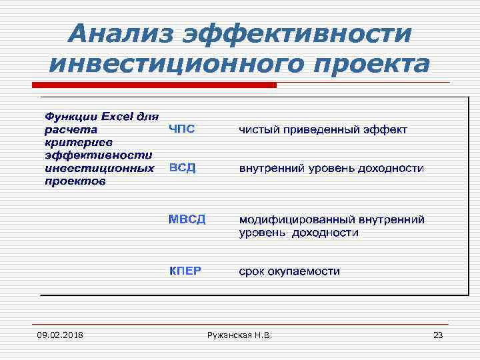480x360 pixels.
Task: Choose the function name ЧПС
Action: (x=181, y=129)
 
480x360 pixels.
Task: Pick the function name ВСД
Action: (x=181, y=167)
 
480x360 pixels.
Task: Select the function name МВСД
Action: (x=187, y=219)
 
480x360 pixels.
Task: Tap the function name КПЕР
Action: (x=185, y=271)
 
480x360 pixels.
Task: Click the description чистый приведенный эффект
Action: (x=323, y=129)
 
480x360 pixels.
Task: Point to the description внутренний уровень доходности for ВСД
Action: (x=331, y=168)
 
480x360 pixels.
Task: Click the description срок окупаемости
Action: (x=289, y=271)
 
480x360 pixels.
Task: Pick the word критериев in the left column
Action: (x=69, y=142)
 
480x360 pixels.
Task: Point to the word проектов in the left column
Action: (x=75, y=181)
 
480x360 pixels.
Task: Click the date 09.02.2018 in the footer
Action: (x=61, y=334)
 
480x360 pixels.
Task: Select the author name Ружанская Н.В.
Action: (x=239, y=334)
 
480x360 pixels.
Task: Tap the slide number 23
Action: (x=438, y=334)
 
